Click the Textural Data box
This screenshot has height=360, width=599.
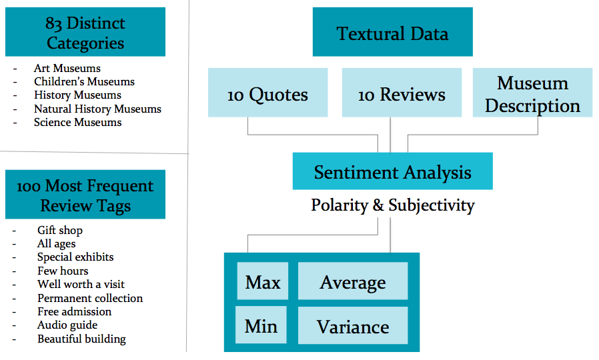coord(392,32)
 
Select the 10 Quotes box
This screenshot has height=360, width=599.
coord(267,93)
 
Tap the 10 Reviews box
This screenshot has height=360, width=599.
coord(402,93)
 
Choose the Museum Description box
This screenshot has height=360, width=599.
coord(532,93)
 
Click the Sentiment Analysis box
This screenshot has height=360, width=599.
coord(392,171)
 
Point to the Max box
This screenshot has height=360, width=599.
coord(262,281)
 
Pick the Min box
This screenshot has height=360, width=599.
coord(261,325)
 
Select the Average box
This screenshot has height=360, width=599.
coord(353,281)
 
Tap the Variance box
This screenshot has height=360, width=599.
coord(353,325)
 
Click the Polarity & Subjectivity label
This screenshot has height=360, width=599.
coord(392,205)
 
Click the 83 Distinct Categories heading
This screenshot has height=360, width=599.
coord(85,32)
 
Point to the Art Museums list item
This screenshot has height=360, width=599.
coord(67,69)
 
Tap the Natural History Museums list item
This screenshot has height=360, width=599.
coord(98,109)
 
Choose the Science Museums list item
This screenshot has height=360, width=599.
coord(78,123)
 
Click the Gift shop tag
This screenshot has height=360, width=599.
coord(60,231)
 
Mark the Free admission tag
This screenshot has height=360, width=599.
coord(75,311)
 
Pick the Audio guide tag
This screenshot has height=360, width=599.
coord(67,325)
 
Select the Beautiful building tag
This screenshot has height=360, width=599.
coord(82,339)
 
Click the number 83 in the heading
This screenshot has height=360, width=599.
coord(53,24)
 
